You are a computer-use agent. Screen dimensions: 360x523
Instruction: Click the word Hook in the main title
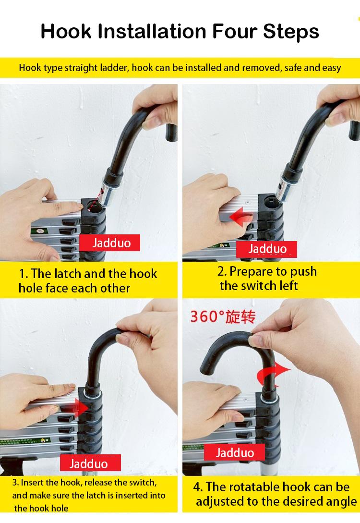tap(66, 31)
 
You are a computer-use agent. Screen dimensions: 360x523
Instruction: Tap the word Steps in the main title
tap(291, 32)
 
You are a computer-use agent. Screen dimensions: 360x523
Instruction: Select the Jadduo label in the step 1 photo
tap(109, 243)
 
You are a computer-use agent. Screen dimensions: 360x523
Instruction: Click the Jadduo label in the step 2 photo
tap(266, 249)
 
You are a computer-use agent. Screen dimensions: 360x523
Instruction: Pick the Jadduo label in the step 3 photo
tap(90, 463)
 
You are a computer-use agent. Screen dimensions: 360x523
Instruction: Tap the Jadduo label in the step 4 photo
tap(234, 452)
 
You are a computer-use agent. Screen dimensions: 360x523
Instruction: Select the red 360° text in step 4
tap(204, 316)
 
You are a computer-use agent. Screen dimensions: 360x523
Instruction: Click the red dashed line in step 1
tap(96, 199)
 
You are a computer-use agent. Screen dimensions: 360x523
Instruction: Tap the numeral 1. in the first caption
tap(23, 274)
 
